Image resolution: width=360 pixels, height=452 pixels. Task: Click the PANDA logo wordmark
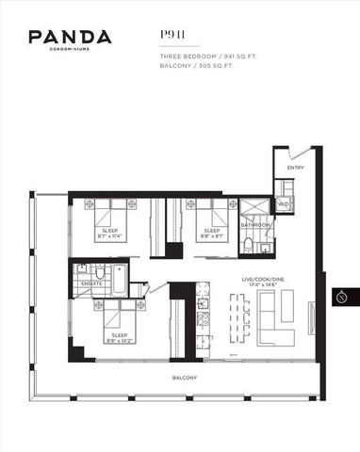click(70, 38)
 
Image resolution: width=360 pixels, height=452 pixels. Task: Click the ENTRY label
click(296, 169)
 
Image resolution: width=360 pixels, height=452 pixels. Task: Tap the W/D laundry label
click(283, 203)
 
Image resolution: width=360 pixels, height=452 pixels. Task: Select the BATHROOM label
click(255, 226)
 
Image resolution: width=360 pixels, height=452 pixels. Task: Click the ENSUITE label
click(91, 282)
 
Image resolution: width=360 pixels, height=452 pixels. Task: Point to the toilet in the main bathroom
click(247, 247)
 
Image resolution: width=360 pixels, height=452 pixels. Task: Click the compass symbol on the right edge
click(342, 298)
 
